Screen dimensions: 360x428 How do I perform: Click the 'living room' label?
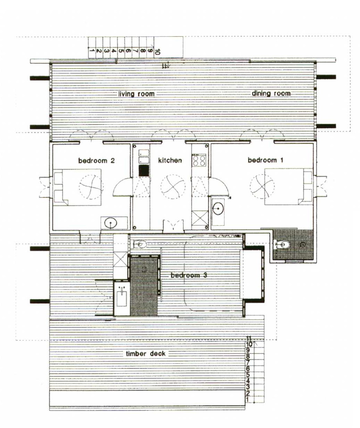point(136,94)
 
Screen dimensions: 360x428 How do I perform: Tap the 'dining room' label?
point(271,93)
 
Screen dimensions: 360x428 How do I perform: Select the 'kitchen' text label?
point(170,160)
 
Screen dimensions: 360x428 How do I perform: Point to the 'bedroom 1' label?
point(265,160)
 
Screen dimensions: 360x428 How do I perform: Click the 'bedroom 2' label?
point(96,160)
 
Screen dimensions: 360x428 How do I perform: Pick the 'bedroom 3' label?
point(189,275)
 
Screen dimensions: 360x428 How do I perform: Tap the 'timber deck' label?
point(146,354)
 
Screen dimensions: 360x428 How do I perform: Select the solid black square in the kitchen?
point(144,171)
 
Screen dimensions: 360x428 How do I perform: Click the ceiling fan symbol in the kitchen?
point(173,187)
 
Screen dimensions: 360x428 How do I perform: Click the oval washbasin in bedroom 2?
point(111,223)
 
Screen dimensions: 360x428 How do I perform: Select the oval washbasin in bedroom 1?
point(218,209)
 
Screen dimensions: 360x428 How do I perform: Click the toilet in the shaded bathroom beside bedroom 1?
point(284,244)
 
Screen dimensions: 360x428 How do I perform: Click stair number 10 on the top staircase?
point(157,52)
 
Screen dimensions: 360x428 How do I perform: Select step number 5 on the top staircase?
point(121,50)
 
